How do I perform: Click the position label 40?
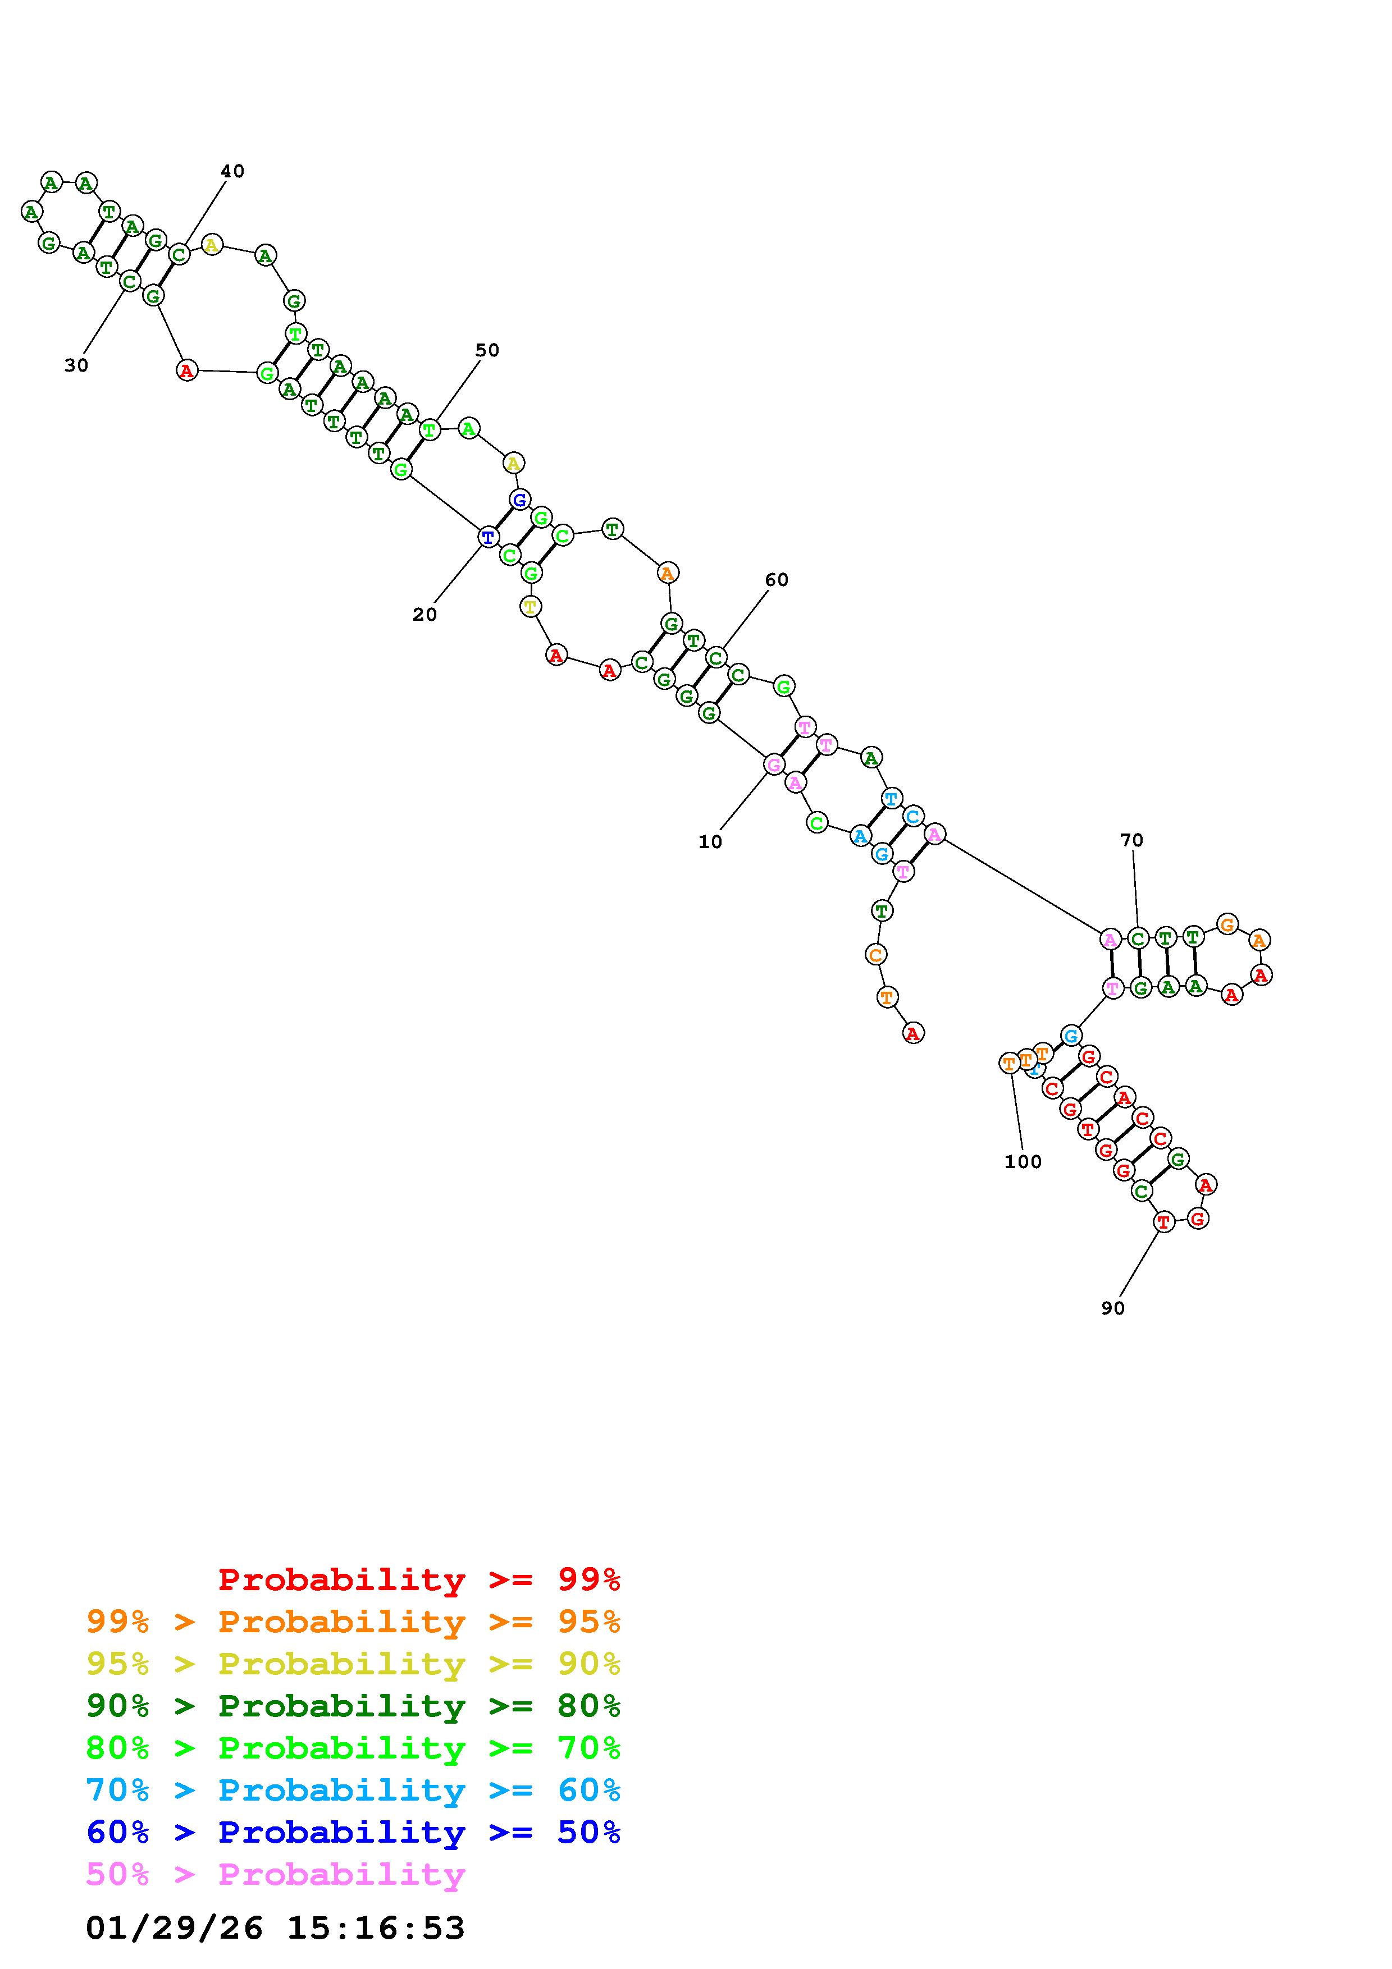(x=232, y=172)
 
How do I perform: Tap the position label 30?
(x=76, y=365)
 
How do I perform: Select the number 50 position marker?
(x=487, y=350)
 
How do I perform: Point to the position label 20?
(x=425, y=615)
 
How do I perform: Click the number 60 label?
(x=776, y=580)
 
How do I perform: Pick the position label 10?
(x=710, y=842)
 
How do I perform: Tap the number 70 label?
(x=1131, y=840)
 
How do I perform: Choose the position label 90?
(x=1112, y=1308)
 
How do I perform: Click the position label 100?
(x=1023, y=1162)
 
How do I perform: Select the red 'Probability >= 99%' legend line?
(x=419, y=1579)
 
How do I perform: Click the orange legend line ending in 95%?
(x=353, y=1622)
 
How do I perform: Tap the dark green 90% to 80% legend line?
(x=353, y=1706)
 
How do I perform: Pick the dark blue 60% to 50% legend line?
(x=353, y=1832)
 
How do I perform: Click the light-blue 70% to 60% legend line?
(x=353, y=1790)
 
